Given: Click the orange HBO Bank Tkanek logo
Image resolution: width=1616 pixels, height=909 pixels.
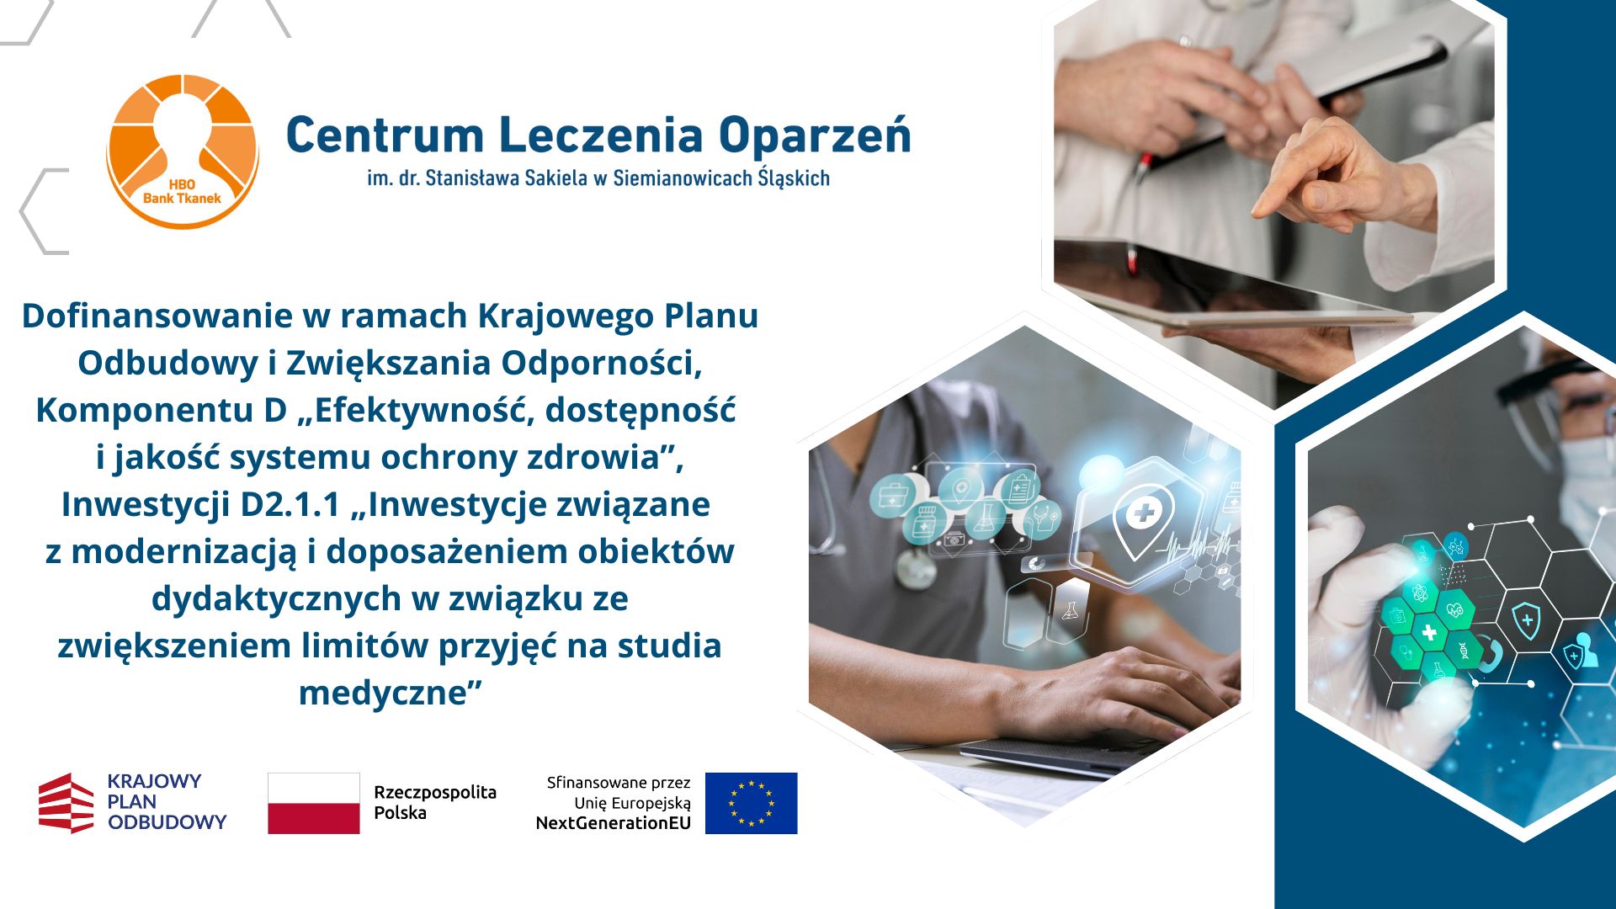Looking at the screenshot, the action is click(183, 151).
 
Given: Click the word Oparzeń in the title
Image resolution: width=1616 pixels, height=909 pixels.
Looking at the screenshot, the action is click(814, 136).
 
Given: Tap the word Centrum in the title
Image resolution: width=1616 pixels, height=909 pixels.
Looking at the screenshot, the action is click(385, 136).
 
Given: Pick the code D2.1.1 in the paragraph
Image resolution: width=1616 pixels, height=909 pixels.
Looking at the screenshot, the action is click(290, 505).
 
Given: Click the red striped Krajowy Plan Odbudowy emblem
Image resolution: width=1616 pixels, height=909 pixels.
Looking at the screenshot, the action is click(66, 803).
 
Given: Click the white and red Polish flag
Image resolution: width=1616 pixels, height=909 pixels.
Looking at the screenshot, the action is click(314, 803).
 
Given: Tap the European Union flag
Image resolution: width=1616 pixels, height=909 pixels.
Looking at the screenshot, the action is click(751, 803).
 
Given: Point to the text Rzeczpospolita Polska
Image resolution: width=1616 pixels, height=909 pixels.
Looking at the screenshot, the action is click(435, 802).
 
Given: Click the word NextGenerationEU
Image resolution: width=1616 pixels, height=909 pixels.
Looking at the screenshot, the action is click(613, 823).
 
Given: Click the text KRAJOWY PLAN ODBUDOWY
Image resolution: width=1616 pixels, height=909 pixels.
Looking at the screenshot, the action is click(167, 802).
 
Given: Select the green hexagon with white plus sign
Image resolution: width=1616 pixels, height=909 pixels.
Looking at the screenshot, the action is click(1428, 631).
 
